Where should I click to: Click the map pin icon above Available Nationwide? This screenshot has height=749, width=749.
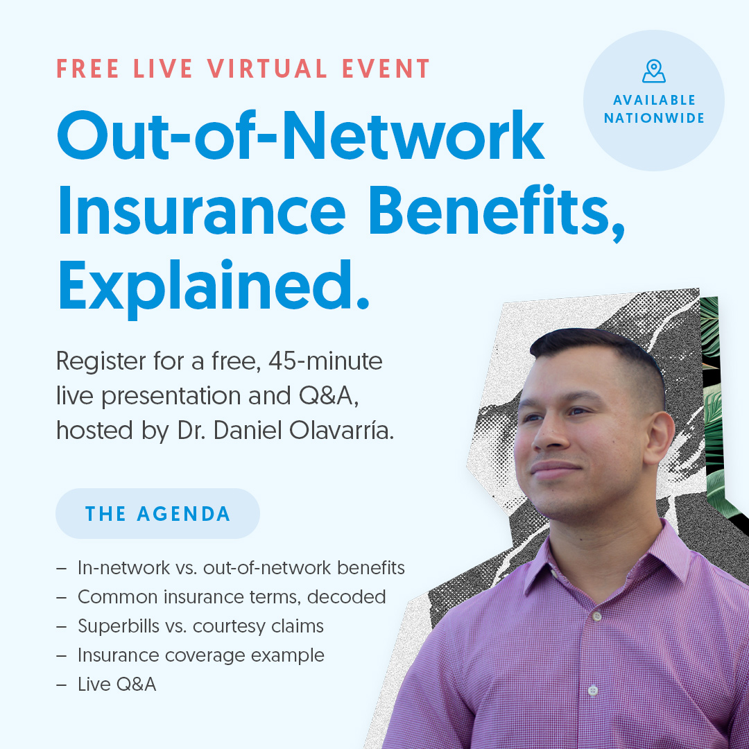pos(653,71)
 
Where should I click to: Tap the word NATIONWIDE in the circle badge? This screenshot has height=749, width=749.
pos(654,119)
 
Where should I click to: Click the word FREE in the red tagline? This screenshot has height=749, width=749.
pos(89,69)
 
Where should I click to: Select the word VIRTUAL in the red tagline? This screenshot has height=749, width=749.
pos(267,69)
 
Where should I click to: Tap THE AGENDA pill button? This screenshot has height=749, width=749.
pos(157,514)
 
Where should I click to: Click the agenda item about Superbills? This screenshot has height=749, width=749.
pos(200,626)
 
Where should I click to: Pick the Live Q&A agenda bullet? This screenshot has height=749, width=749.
pos(117,685)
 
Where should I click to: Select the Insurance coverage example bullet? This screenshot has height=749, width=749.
pos(200,655)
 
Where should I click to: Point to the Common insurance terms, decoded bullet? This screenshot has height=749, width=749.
pos(231,597)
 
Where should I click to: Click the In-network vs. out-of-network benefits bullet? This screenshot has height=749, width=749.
pos(241,568)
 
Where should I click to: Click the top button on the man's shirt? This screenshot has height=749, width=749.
pos(596,616)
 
